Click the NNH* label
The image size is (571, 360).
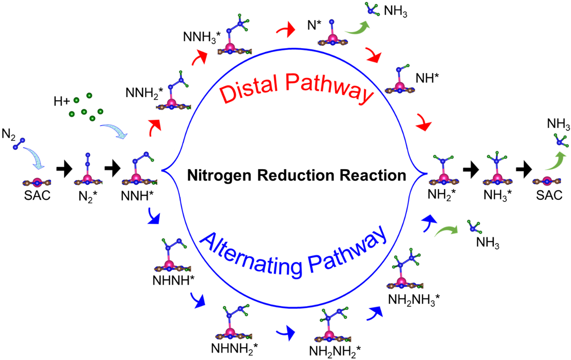pyautogui.click(x=137, y=195)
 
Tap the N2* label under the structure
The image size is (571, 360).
pyautogui.click(x=87, y=197)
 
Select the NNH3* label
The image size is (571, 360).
pyautogui.click(x=202, y=37)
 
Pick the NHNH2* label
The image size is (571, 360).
pyautogui.click(x=234, y=348)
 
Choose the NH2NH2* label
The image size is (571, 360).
pyautogui.click(x=335, y=351)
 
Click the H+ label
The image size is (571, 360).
pyautogui.click(x=62, y=101)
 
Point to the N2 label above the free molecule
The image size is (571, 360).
pyautogui.click(x=9, y=134)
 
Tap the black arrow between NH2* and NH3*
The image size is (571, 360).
pyautogui.click(x=470, y=169)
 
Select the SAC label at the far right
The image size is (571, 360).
pyautogui.click(x=549, y=195)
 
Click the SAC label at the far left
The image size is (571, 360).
pyautogui.click(x=37, y=195)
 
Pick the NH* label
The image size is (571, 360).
pyautogui.click(x=427, y=79)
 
